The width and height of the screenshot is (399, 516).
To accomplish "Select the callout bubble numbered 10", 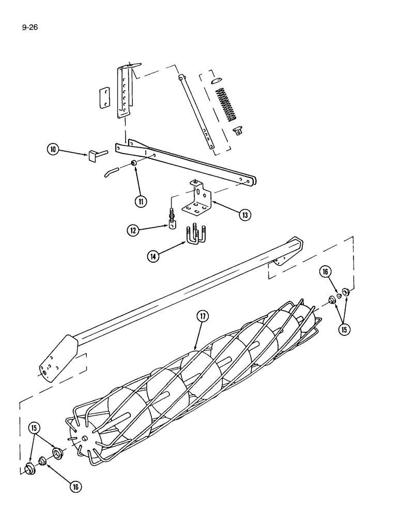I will (x=53, y=150).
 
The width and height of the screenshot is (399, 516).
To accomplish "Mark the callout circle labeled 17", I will (x=202, y=316).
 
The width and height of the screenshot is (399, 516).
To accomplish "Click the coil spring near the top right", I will (x=225, y=105).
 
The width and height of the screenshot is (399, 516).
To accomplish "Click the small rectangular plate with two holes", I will (x=105, y=96).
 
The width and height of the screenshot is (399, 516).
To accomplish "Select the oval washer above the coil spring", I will (x=217, y=80).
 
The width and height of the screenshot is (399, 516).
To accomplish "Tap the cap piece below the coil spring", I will (x=239, y=130).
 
